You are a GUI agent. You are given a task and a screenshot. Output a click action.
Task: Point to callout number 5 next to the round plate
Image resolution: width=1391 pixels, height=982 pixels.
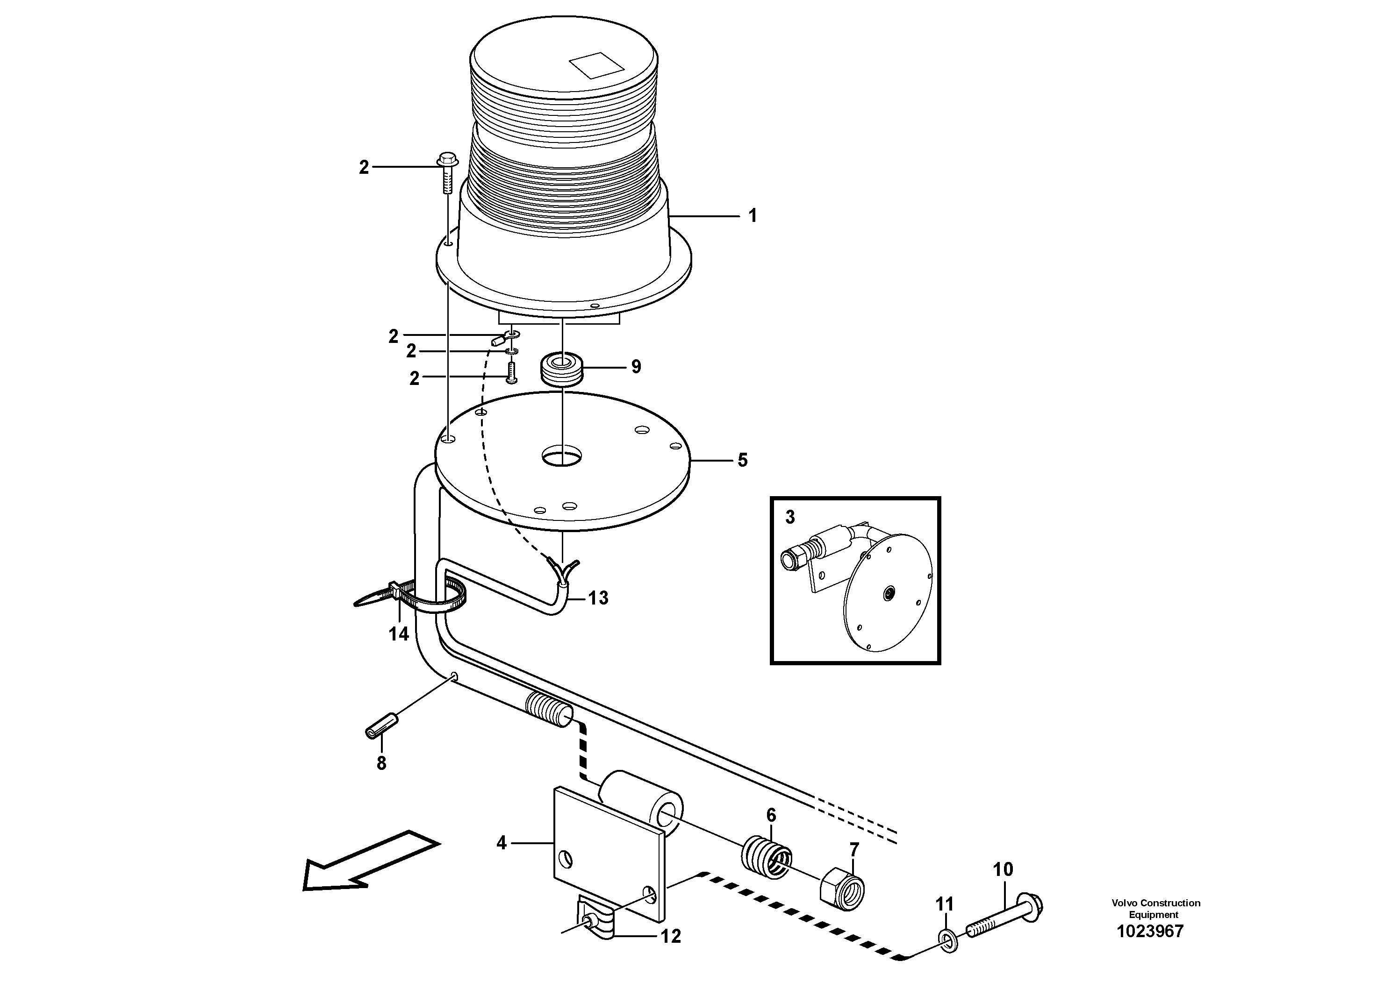click(x=742, y=460)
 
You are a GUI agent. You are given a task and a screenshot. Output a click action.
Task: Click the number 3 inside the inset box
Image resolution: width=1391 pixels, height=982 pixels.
click(x=790, y=517)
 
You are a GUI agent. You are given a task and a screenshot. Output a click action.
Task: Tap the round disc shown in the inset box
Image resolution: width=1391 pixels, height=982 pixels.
click(x=888, y=593)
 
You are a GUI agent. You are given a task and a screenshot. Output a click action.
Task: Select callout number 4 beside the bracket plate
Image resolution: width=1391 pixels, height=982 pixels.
click(x=501, y=843)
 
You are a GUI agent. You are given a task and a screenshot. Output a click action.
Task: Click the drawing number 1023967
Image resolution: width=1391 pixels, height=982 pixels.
click(x=1149, y=931)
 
